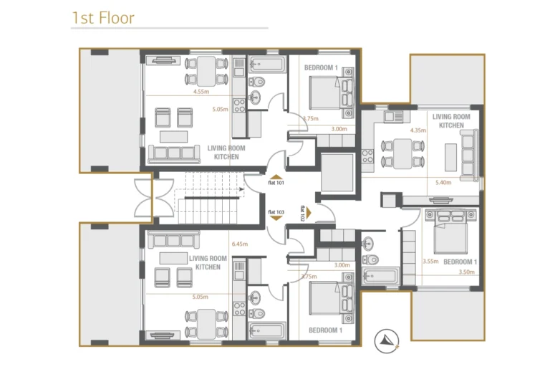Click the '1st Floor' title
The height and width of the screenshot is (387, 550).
pyautogui.click(x=103, y=18)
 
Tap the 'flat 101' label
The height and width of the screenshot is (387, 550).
pyautogui.click(x=276, y=183)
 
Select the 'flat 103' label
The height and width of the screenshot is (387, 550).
pyautogui.click(x=276, y=212)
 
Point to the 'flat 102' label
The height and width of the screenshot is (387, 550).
pyautogui.click(x=302, y=213)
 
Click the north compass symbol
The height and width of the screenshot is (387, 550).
pyautogui.click(x=386, y=340)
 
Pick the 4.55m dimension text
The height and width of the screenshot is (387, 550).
pyautogui.click(x=201, y=92)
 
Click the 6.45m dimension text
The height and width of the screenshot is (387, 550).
pyautogui.click(x=240, y=244)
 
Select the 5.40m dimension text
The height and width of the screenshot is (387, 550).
pyautogui.click(x=443, y=183)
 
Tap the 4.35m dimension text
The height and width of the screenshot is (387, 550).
pyautogui.click(x=418, y=130)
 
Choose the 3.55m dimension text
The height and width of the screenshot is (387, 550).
pyautogui.click(x=430, y=262)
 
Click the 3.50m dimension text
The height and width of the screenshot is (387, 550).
pyautogui.click(x=466, y=272)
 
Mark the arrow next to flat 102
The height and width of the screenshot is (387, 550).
pyautogui.click(x=309, y=213)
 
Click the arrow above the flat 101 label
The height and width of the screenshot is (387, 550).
pyautogui.click(x=276, y=177)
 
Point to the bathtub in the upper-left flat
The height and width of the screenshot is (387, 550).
pyautogui.click(x=267, y=64)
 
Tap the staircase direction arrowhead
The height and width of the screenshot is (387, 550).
pyautogui.click(x=241, y=190)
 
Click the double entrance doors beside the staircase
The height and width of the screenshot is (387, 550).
pyautogui.click(x=155, y=198)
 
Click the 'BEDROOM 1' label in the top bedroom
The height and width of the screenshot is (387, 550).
pyautogui.click(x=321, y=68)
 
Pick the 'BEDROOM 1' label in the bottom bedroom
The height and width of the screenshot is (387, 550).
pyautogui.click(x=326, y=330)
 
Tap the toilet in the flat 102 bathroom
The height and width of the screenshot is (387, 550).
pyautogui.click(x=370, y=259)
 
